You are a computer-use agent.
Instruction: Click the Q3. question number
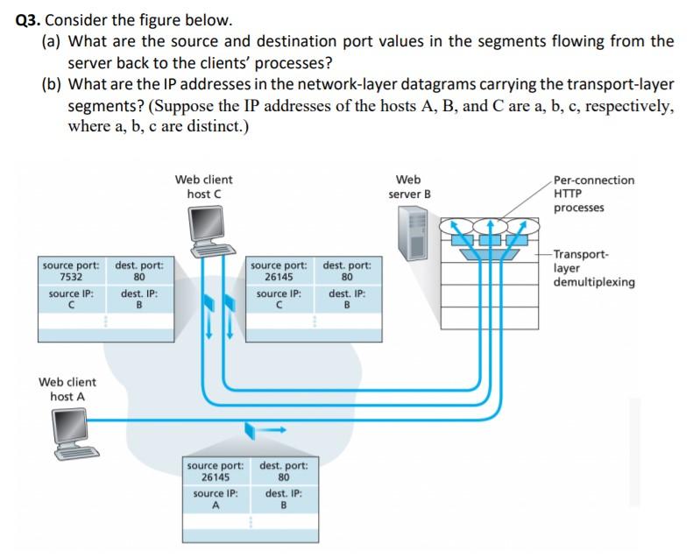[x=29, y=19]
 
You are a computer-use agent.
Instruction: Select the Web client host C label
[x=203, y=187]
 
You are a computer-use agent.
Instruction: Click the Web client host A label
[x=67, y=389]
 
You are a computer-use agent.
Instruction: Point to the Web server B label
[x=409, y=187]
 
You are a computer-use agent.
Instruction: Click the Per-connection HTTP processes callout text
[x=592, y=194]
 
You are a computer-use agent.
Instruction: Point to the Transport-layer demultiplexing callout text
[x=593, y=268]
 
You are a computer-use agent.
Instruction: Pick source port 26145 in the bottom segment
[x=216, y=477]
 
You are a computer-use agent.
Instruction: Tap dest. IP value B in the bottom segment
[x=283, y=505]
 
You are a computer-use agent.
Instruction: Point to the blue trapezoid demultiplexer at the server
[x=487, y=254]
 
